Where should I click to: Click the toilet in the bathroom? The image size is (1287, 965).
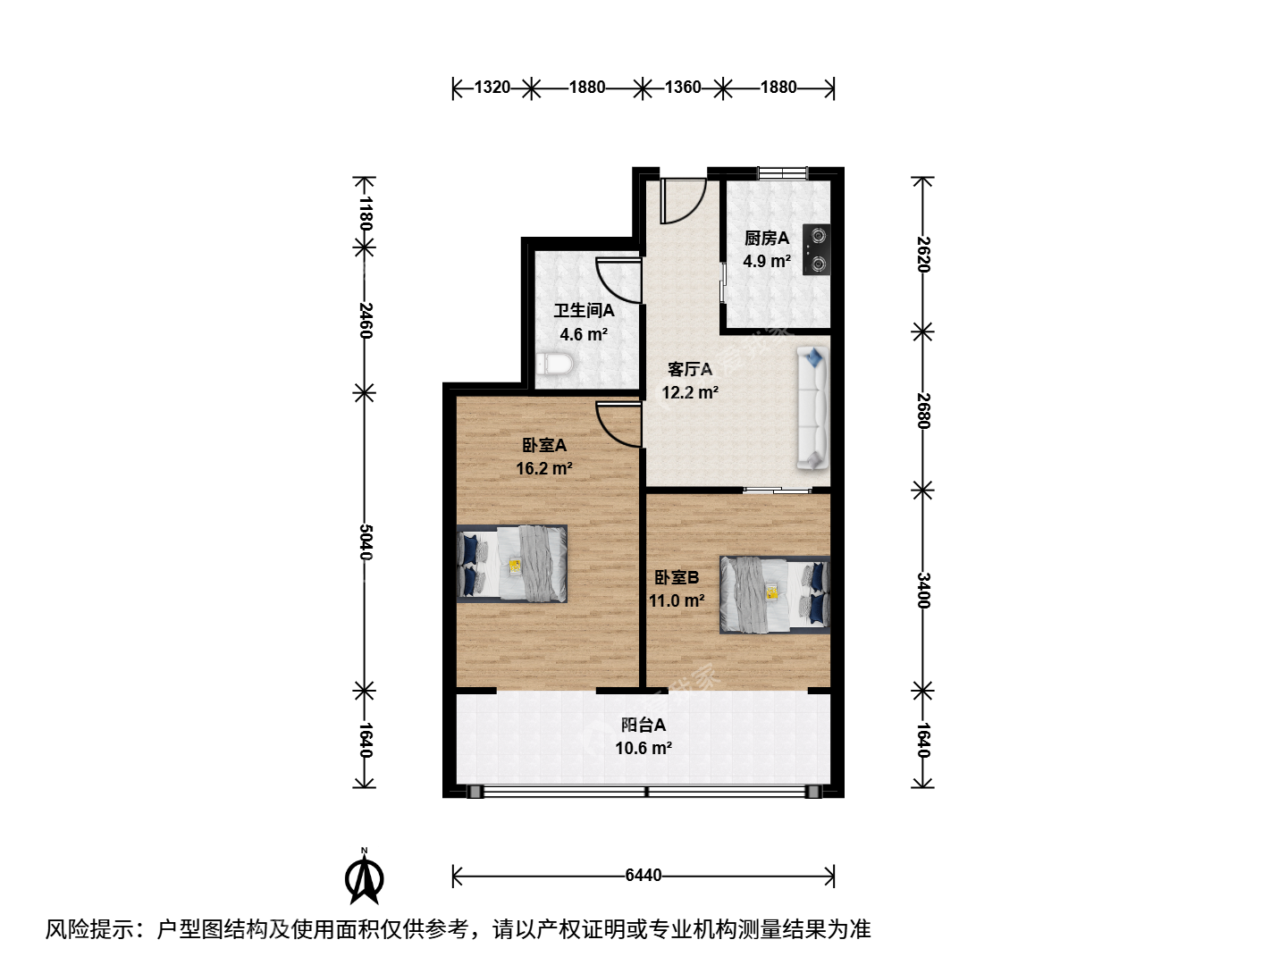point(553,365)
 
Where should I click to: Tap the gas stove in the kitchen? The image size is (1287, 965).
point(816,249)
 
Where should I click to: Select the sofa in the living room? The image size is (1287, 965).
point(812,407)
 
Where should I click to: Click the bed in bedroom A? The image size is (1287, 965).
point(511,564)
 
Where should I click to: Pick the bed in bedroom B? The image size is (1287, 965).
point(775,595)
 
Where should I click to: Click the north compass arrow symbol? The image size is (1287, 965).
point(364,877)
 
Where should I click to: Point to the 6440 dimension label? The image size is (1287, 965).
point(643,876)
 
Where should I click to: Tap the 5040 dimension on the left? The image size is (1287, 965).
point(366,542)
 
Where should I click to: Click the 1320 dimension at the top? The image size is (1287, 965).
point(492,88)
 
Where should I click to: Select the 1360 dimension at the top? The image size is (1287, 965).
point(683,88)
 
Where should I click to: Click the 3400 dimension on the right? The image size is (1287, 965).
point(923,591)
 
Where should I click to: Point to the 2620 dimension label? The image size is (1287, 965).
point(923,255)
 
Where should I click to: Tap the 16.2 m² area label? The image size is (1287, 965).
point(544,469)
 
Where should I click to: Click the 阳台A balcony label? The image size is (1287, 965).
point(643,726)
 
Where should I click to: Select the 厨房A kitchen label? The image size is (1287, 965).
point(766,238)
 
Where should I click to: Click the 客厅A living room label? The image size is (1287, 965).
point(689,369)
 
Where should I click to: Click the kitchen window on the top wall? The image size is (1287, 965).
point(783,172)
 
